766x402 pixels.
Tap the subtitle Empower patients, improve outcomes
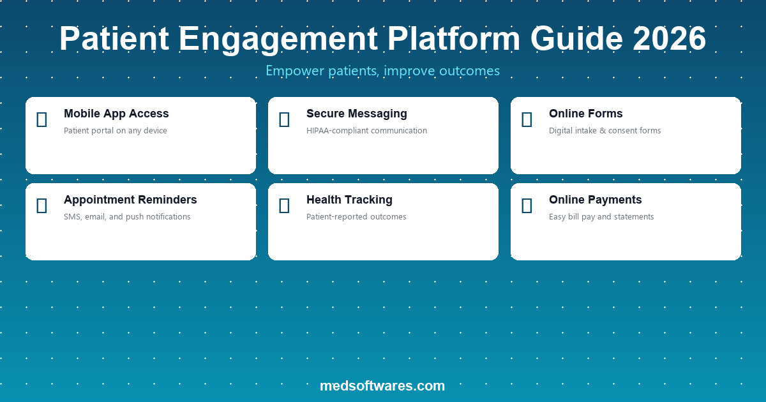pos(382,71)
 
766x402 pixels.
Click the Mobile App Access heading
pos(116,114)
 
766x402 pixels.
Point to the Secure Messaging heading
pos(356,114)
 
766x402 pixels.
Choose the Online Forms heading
pos(585,114)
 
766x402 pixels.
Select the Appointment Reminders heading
pos(130,200)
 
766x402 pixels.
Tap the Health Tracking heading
pos(349,200)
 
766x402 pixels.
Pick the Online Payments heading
pos(595,200)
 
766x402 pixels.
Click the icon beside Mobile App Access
pos(41,119)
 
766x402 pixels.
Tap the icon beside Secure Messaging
pos(284,119)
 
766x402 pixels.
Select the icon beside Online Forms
pos(527,119)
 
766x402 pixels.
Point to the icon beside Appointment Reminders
pos(41,205)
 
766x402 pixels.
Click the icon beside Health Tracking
pos(284,205)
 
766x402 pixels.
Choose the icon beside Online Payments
pos(527,205)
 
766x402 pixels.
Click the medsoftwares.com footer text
pos(382,385)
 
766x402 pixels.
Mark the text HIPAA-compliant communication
pos(366,131)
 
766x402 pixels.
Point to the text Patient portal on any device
pos(115,131)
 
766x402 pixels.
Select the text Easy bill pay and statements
pos(601,217)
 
